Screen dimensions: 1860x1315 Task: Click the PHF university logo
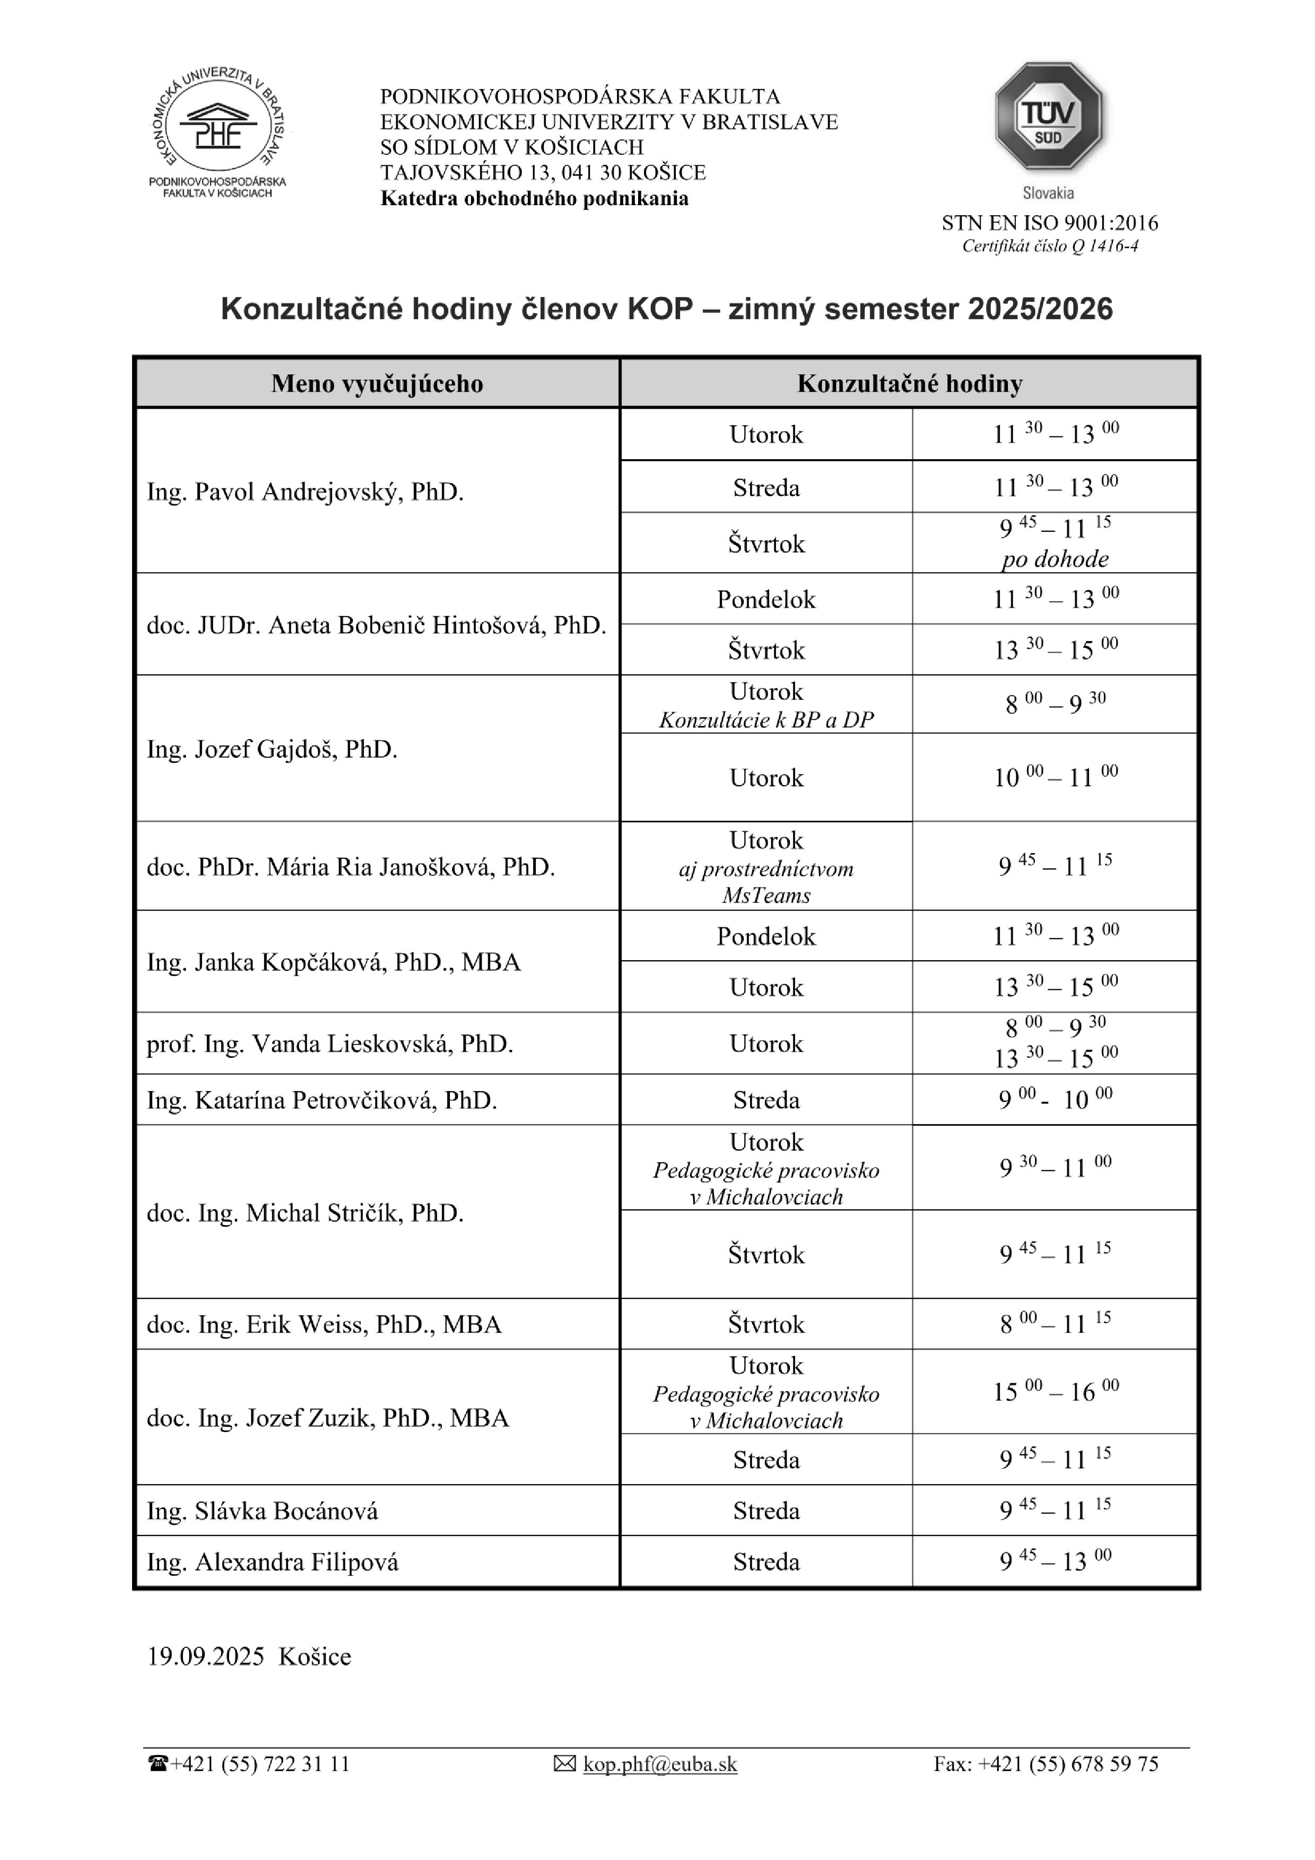(x=218, y=129)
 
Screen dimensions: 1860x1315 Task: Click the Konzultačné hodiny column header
(x=909, y=383)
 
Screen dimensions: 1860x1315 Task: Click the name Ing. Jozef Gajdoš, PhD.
(x=272, y=749)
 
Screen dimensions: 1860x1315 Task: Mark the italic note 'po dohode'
(x=1055, y=559)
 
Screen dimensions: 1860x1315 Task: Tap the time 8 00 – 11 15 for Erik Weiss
(x=1055, y=1324)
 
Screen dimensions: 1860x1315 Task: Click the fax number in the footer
(x=1045, y=1764)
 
